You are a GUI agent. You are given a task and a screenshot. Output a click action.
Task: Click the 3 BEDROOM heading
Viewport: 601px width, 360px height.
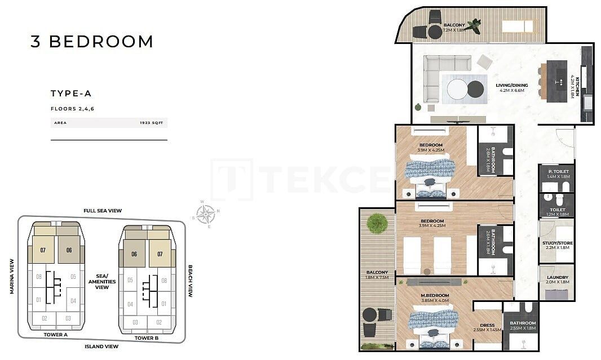(92, 42)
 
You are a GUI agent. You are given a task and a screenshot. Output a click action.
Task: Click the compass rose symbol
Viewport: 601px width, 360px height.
(206, 214)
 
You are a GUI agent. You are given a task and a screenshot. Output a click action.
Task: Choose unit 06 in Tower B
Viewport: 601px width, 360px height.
(134, 254)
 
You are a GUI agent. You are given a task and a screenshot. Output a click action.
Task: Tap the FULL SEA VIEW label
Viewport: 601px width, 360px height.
(103, 211)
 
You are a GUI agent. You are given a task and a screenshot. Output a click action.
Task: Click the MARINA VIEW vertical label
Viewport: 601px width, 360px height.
(11, 276)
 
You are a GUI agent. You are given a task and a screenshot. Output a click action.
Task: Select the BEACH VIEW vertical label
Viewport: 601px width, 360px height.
(191, 281)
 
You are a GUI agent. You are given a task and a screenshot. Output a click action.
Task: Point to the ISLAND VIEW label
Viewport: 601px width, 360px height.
(101, 346)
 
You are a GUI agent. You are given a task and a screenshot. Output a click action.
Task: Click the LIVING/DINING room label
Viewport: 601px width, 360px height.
(512, 86)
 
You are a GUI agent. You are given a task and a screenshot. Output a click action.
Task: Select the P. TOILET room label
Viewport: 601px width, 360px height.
(558, 171)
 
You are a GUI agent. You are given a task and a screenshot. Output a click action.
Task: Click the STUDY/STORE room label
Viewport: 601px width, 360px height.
(558, 243)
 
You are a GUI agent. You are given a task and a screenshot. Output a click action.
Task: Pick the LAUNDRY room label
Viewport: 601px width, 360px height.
(558, 277)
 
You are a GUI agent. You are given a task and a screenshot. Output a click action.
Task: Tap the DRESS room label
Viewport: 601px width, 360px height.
(487, 325)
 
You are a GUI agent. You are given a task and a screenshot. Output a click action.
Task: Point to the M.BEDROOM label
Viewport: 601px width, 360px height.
(434, 296)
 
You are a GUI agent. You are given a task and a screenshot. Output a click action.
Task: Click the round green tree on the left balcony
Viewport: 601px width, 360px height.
(376, 224)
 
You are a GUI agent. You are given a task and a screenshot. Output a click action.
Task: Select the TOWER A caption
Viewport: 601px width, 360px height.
(55, 335)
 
